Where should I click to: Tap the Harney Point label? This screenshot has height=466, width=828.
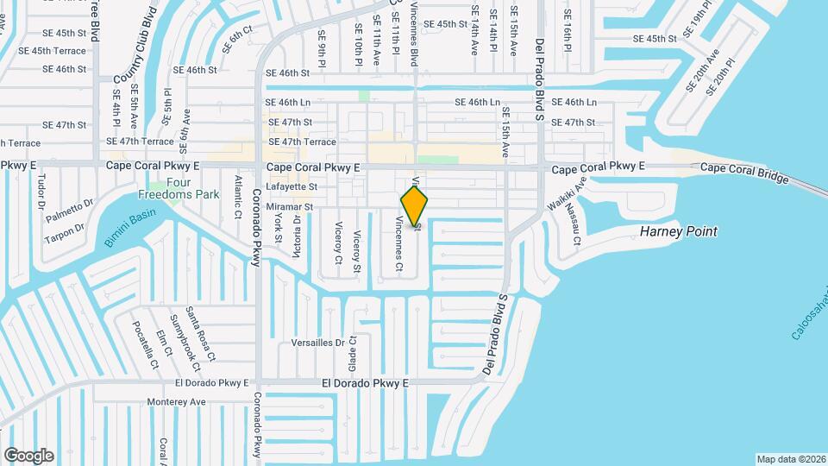point(678,232)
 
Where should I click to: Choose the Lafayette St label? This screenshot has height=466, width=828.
point(292,186)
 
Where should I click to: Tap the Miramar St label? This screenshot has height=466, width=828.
point(290,208)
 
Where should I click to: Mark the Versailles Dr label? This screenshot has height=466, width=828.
point(317,343)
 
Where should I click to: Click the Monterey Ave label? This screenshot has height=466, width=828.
point(177,401)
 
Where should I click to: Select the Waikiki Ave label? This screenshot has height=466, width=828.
point(567,195)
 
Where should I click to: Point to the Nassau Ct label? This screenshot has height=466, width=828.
point(576,230)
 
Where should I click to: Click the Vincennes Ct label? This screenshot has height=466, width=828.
point(398,244)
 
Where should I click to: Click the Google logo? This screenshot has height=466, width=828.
point(28,456)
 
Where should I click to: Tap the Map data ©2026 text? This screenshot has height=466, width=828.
point(789,459)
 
